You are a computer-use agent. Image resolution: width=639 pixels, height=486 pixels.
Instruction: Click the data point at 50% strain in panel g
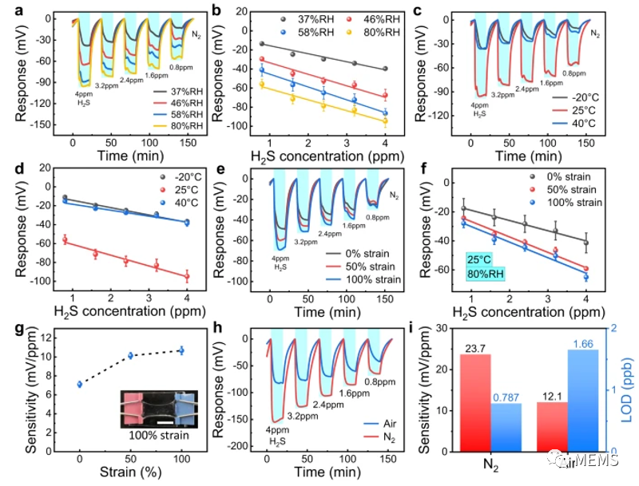(x=130, y=355)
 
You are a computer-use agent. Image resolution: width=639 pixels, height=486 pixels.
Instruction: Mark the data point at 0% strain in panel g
(x=79, y=384)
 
